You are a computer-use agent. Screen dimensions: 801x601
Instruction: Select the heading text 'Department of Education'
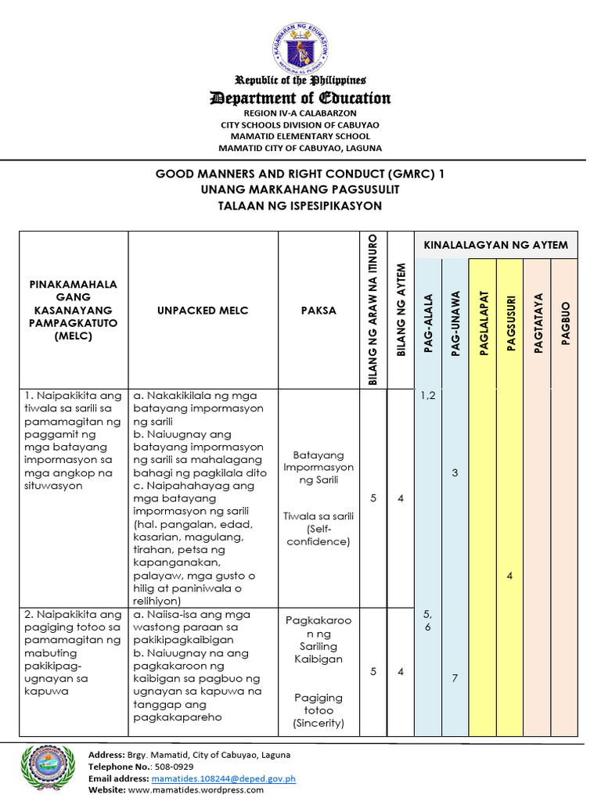tap(300, 98)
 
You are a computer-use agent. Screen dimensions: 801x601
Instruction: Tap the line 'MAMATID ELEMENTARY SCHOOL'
tap(300, 136)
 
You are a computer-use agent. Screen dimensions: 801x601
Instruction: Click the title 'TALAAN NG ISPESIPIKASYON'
tap(300, 206)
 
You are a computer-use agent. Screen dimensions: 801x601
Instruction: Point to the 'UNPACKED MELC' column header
tap(203, 311)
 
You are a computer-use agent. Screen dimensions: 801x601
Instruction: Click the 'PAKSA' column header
tap(318, 311)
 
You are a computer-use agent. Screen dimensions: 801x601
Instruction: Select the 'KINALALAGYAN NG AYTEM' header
tap(495, 245)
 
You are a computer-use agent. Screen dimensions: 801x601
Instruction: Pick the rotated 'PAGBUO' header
tap(565, 322)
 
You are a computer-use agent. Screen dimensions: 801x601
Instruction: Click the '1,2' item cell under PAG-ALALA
tap(428, 396)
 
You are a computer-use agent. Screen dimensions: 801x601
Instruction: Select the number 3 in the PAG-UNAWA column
tap(455, 473)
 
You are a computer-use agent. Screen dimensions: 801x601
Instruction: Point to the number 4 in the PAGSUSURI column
tap(509, 577)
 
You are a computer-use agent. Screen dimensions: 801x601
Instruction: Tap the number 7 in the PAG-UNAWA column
tap(455, 678)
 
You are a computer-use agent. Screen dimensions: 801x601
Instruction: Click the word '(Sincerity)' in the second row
tap(318, 724)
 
